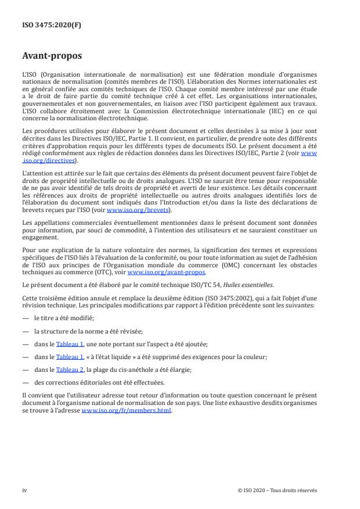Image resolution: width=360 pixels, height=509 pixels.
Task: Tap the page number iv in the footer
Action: [25, 489]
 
